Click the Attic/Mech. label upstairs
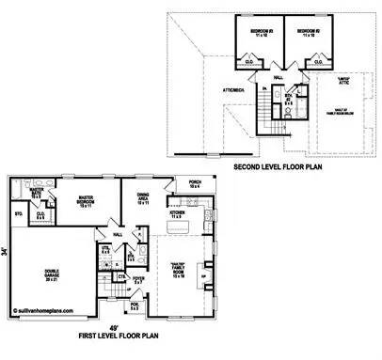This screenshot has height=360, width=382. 235,90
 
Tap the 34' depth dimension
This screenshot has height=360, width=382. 6,249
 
